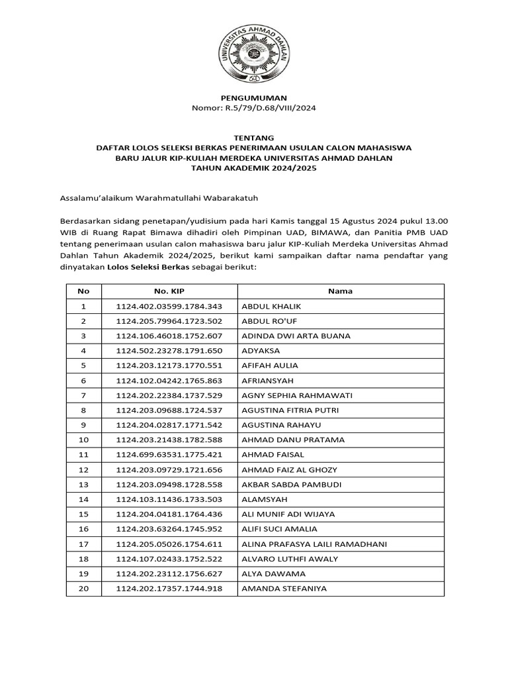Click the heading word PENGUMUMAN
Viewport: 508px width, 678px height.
[x=253, y=97]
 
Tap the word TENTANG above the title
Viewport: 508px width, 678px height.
[x=253, y=138]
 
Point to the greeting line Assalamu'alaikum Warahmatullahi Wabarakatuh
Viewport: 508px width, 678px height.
[x=158, y=197]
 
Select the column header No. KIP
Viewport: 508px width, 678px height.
[x=169, y=291]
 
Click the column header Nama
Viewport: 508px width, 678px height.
[x=340, y=291]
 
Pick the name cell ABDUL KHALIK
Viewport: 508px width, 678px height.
[x=271, y=307]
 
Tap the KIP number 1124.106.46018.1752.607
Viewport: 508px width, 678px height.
[x=169, y=336]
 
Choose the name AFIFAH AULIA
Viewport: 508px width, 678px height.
[x=270, y=365]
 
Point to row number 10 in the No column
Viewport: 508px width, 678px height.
[x=83, y=440]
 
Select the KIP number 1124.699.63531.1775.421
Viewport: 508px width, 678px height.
[x=169, y=455]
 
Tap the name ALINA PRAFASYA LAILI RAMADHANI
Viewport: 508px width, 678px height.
[x=314, y=544]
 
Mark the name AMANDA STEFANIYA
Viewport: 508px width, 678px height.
[x=284, y=589]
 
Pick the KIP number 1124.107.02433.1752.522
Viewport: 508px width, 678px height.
[x=169, y=559]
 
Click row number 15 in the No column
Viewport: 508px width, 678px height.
[x=83, y=514]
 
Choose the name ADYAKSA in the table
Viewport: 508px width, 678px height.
[x=261, y=351]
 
